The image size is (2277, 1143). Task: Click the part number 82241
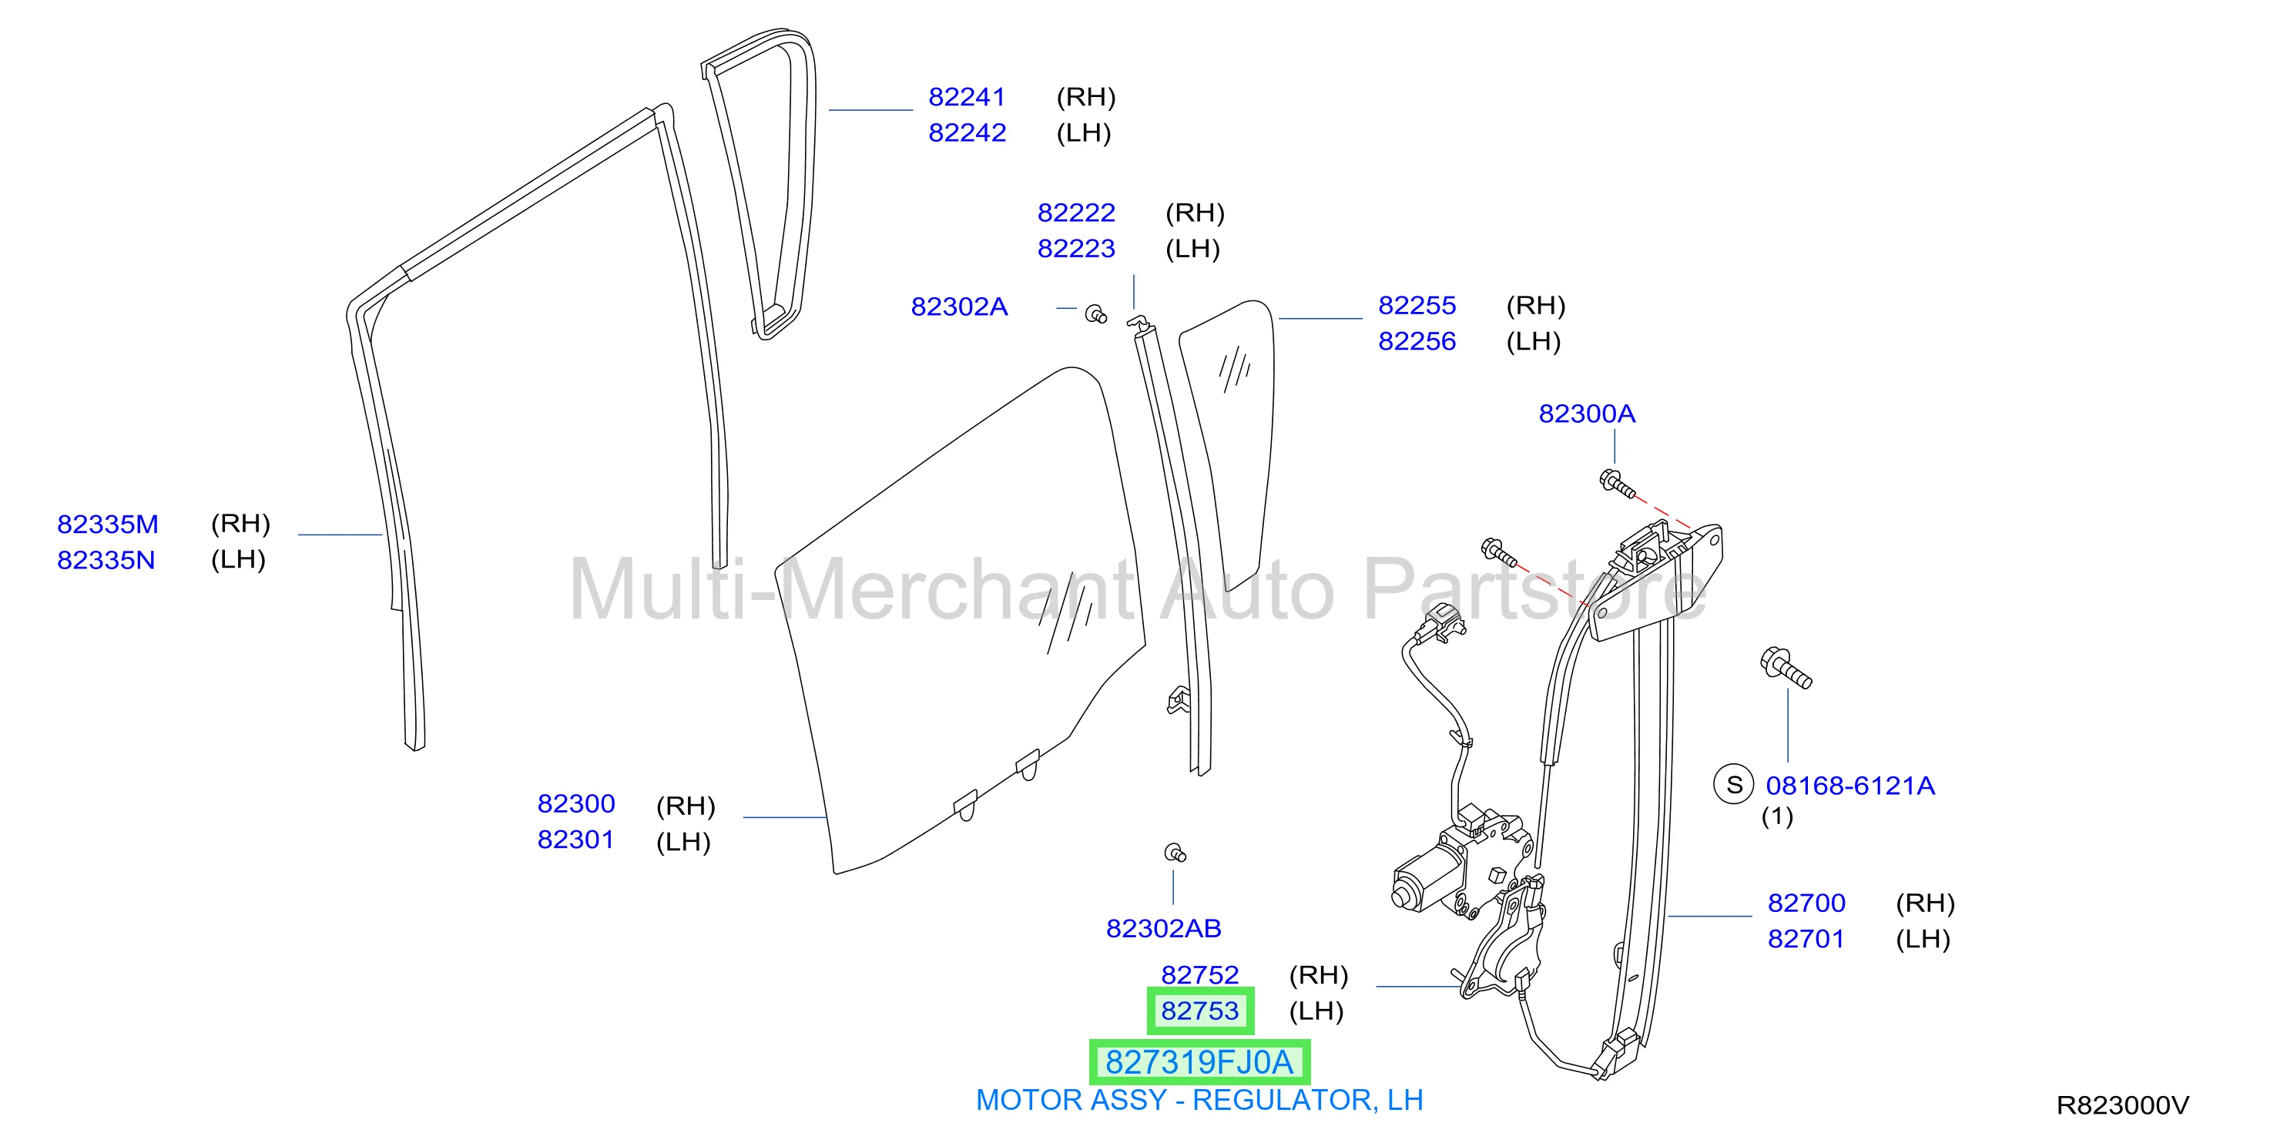click(x=967, y=96)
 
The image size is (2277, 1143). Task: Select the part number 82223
click(x=1076, y=249)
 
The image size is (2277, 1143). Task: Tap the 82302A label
click(x=959, y=307)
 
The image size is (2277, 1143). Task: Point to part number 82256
click(x=1417, y=341)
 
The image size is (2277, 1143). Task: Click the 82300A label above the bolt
click(x=1587, y=414)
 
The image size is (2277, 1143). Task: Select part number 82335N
click(x=106, y=561)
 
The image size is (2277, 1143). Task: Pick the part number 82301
click(x=575, y=840)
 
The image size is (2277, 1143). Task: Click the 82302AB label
click(x=1163, y=928)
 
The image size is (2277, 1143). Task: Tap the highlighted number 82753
click(x=1199, y=1011)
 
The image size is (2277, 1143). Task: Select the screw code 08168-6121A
click(x=1850, y=786)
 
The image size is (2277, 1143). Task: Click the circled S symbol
click(x=1733, y=785)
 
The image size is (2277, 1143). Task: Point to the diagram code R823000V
click(x=2122, y=1105)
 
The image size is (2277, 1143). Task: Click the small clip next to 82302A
click(x=1096, y=313)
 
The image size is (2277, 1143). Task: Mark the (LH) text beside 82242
click(x=1084, y=132)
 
